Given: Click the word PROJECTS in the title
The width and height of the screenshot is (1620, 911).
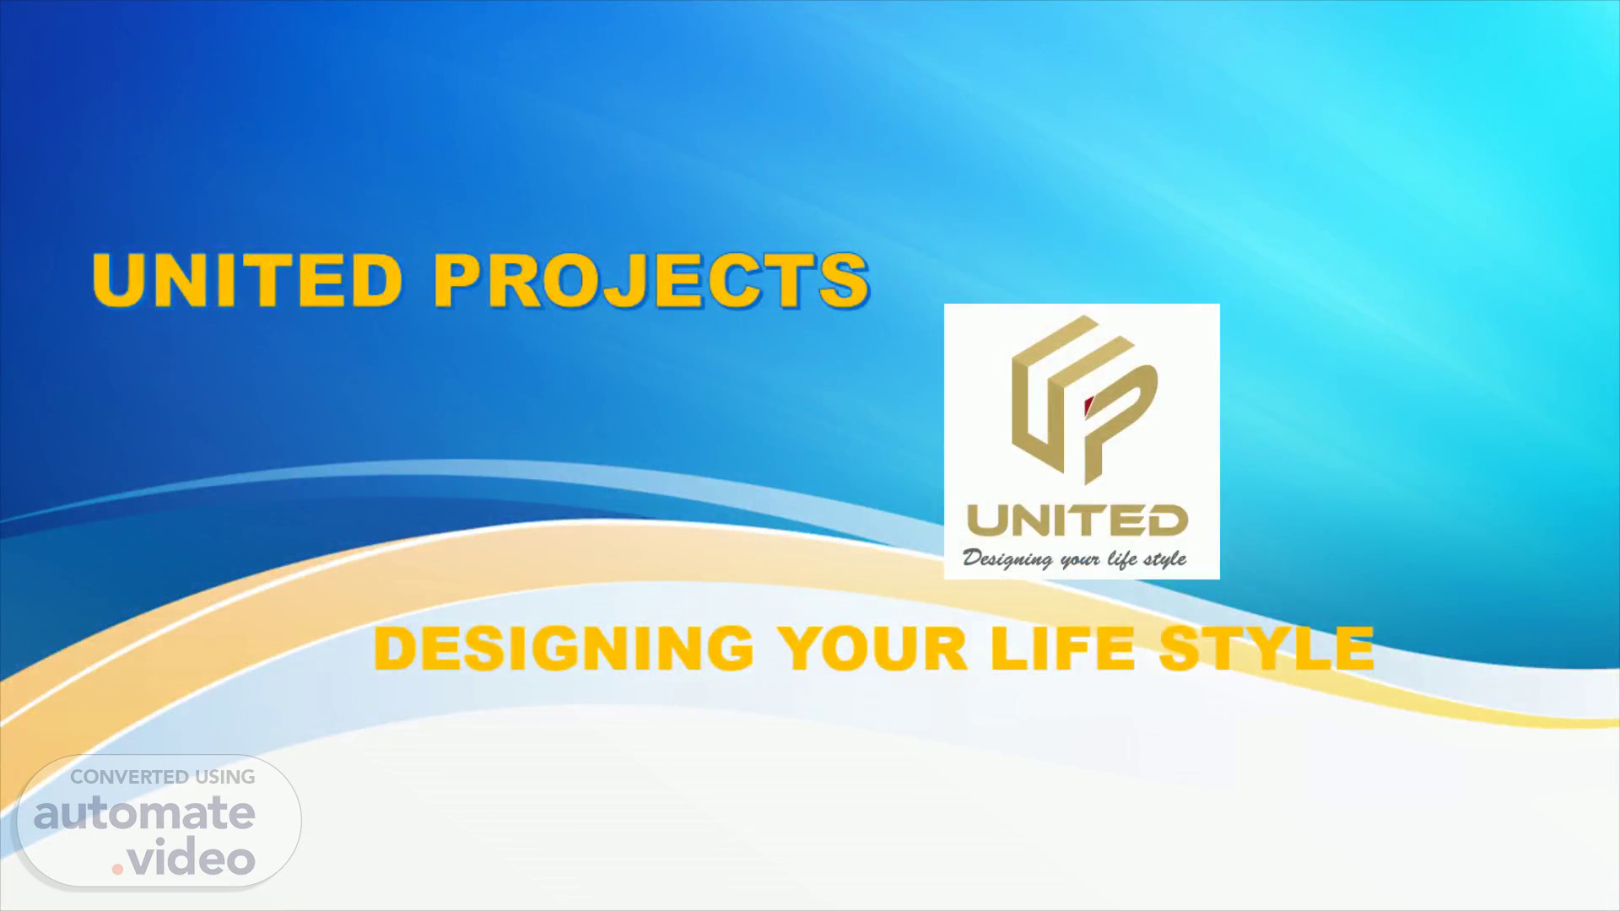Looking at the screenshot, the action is pyautogui.click(x=651, y=279).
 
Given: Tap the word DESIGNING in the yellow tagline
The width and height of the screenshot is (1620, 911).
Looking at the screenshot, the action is pyautogui.click(x=564, y=649).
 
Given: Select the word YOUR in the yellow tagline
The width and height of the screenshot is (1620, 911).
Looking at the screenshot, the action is pyautogui.click(x=872, y=649).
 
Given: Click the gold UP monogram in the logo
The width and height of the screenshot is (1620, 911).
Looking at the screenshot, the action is pyautogui.click(x=1083, y=400).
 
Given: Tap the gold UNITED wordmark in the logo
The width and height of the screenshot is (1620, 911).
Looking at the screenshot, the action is pyautogui.click(x=1077, y=521).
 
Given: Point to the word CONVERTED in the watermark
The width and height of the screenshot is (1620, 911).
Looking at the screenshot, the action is pyautogui.click(x=129, y=777).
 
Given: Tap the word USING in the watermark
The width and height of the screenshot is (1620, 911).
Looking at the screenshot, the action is pyautogui.click(x=225, y=777).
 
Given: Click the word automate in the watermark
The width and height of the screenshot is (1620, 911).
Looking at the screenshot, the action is pyautogui.click(x=144, y=814).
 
